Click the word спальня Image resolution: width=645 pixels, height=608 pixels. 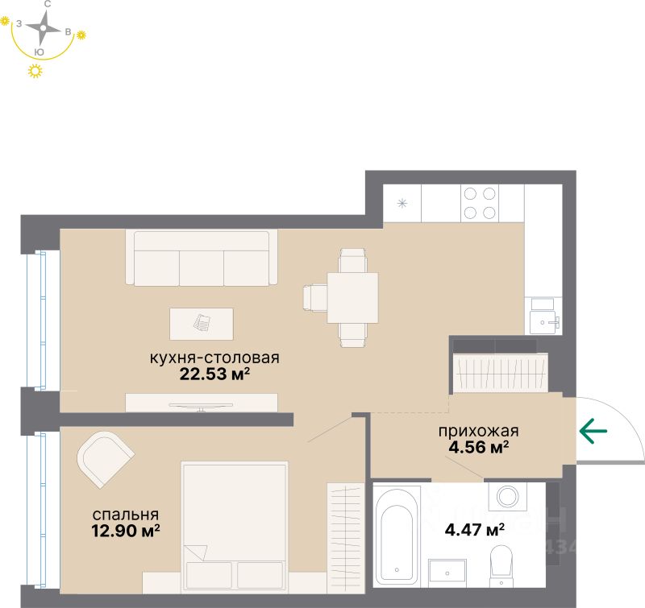pos(124,515)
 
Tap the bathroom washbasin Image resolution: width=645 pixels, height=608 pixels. pos(448,569)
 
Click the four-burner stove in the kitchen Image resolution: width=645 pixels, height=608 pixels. pos(479,203)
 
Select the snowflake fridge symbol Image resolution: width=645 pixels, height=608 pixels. pos(403,203)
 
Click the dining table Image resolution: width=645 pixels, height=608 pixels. pos(352,297)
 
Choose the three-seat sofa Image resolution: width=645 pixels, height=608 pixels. pos(201,259)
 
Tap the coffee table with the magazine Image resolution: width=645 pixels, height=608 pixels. pos(201,324)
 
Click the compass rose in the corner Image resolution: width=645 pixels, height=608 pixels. pos(43,30)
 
